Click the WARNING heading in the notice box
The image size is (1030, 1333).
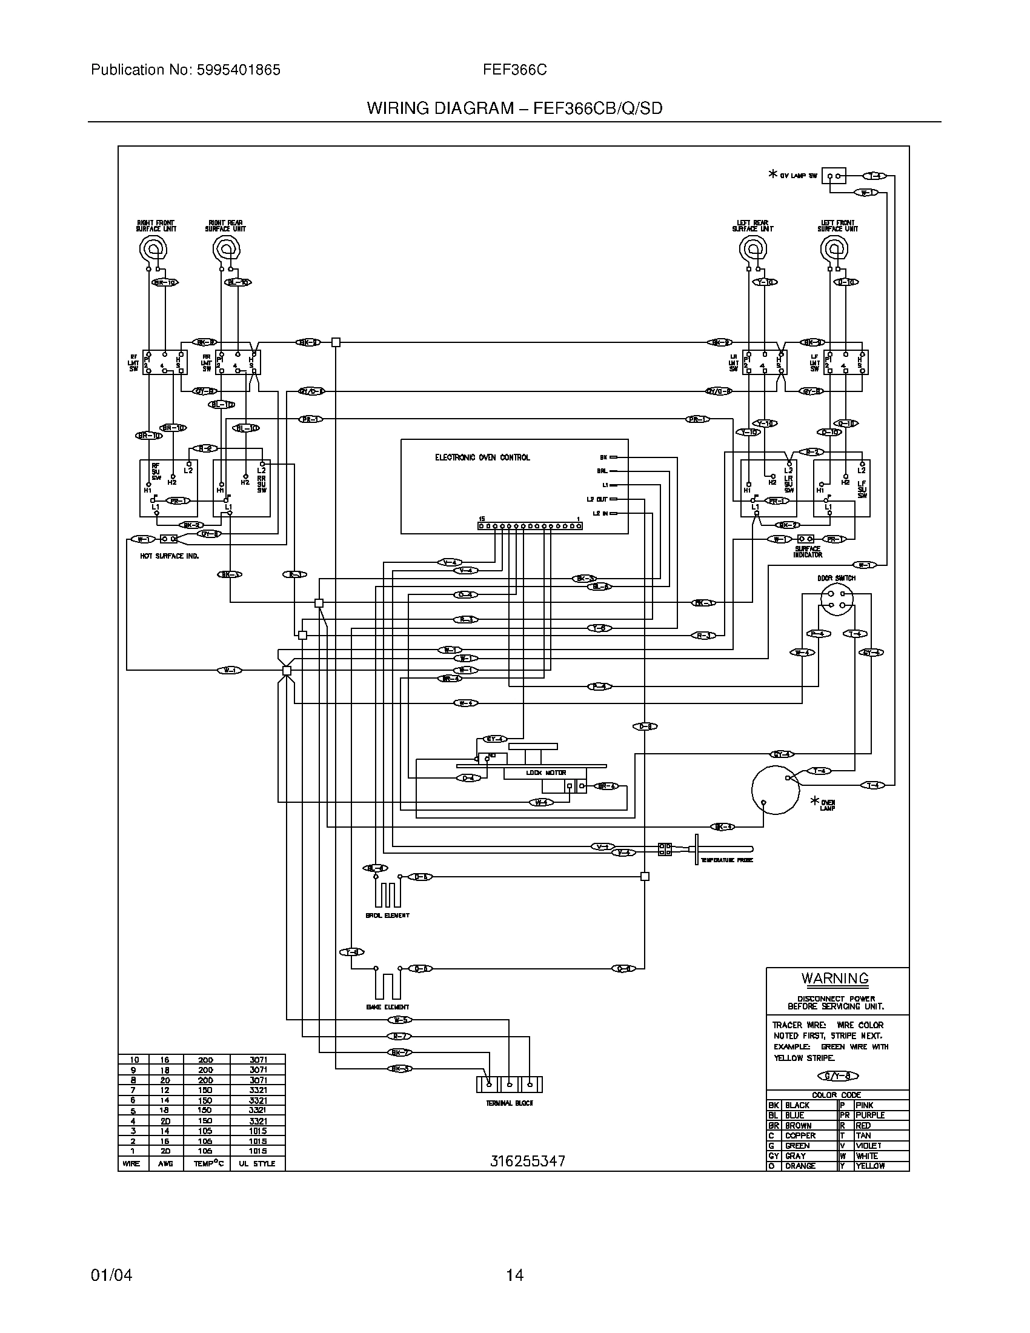click(834, 979)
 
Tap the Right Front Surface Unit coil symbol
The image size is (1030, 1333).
click(153, 248)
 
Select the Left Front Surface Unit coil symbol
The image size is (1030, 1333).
click(834, 248)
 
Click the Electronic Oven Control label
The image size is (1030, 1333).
click(482, 457)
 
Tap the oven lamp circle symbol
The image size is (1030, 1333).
click(775, 789)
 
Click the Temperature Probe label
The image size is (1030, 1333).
click(726, 860)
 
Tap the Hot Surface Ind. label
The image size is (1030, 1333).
click(170, 556)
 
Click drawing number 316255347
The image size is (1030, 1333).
click(528, 1161)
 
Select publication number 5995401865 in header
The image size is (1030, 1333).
click(238, 70)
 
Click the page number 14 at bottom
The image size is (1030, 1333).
click(514, 1275)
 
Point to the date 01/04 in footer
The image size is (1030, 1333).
click(111, 1275)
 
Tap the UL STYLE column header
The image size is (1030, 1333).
click(256, 1163)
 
